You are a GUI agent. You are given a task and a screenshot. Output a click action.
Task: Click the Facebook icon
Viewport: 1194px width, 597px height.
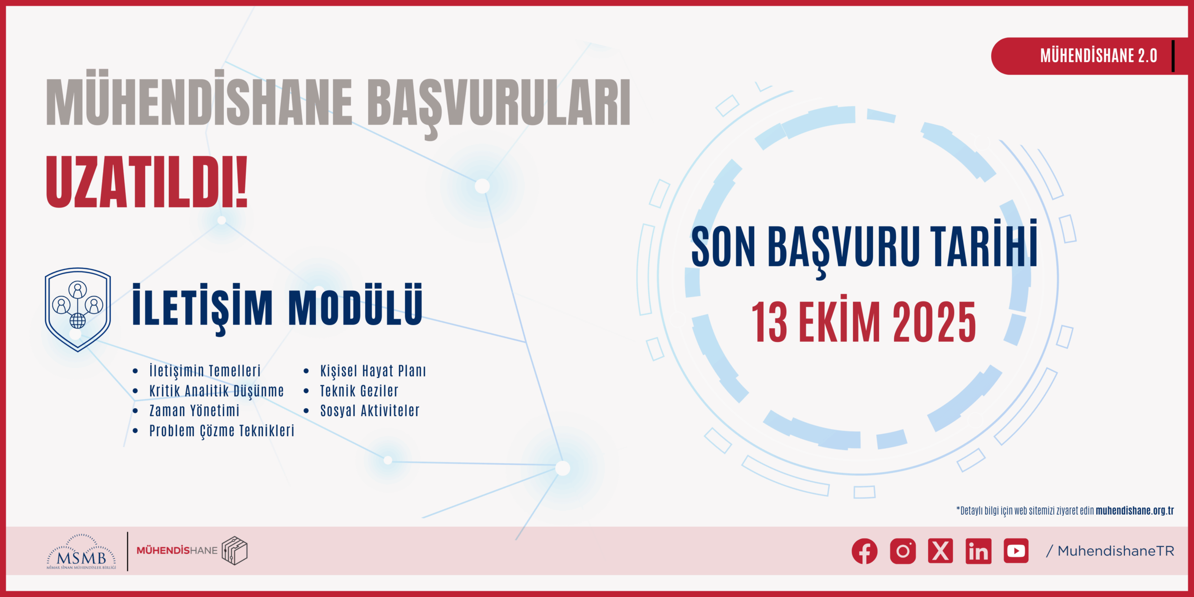pyautogui.click(x=864, y=551)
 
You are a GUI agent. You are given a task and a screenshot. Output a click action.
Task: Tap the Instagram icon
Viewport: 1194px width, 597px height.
pyautogui.click(x=902, y=551)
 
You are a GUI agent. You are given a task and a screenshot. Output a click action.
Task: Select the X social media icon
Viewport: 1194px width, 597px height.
pyautogui.click(x=940, y=551)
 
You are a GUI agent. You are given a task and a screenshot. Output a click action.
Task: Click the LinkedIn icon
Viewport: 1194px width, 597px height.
pyautogui.click(x=978, y=551)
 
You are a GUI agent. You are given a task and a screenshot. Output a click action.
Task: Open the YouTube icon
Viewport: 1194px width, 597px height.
pyautogui.click(x=1016, y=551)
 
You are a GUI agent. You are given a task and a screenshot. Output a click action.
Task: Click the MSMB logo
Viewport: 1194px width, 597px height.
pyautogui.click(x=81, y=552)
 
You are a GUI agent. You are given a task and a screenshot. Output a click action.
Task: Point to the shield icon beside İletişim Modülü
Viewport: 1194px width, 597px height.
pyautogui.click(x=77, y=309)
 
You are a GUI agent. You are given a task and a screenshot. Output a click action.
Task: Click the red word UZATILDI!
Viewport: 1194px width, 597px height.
pyautogui.click(x=146, y=182)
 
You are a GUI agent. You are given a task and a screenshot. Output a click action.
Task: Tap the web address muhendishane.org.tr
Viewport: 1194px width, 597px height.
pyautogui.click(x=1135, y=511)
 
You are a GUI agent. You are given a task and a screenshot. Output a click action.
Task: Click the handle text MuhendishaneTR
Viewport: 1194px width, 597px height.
pyautogui.click(x=1116, y=551)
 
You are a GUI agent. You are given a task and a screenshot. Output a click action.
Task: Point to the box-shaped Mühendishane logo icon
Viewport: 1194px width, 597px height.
pyautogui.click(x=235, y=550)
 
